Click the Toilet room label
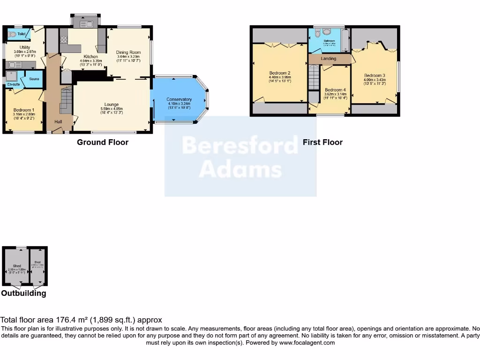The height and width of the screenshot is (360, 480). pos(22,34)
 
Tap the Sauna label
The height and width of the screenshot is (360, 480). pos(34,79)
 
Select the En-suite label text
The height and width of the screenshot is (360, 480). pos(13,84)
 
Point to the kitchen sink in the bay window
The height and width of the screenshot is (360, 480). pos(86,24)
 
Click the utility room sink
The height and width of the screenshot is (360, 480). pos(13,65)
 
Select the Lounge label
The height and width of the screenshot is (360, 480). pos(112,105)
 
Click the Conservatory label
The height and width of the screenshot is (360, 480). pos(179,99)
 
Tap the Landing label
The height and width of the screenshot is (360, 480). pos(328,59)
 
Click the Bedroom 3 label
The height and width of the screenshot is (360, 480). pos(375,75)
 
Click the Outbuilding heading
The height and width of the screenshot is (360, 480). pos(23,293)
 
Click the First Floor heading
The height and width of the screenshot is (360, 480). pos(322,142)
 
